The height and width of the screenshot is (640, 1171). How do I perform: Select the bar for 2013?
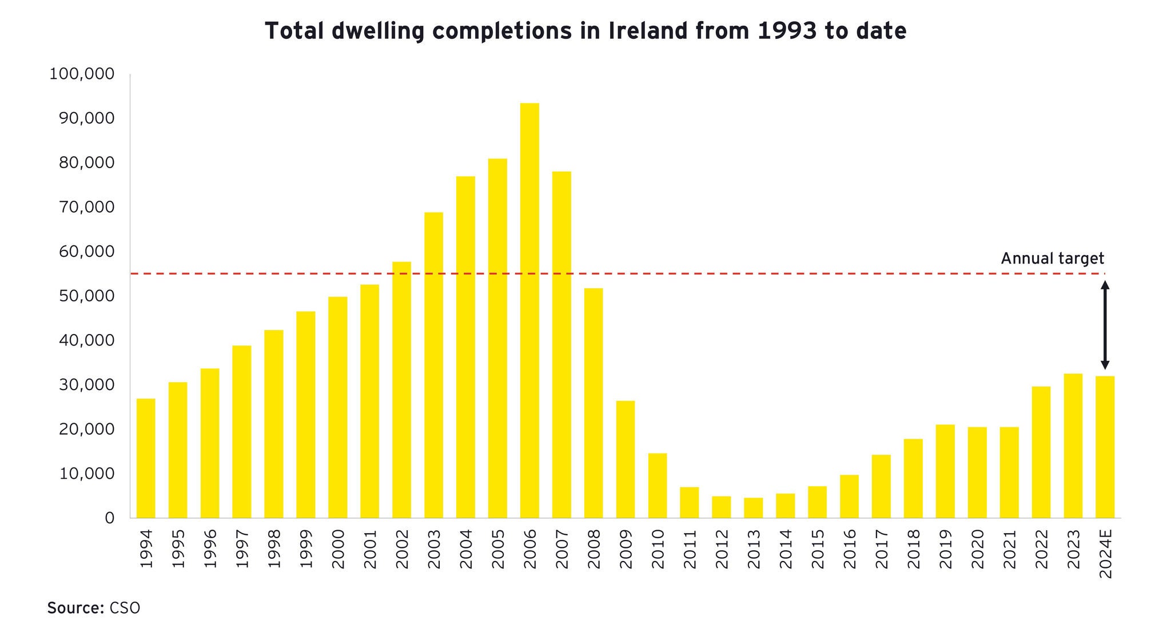coord(754,508)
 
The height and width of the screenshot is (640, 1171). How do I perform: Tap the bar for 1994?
coord(146,458)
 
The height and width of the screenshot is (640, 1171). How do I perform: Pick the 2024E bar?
coord(1105,447)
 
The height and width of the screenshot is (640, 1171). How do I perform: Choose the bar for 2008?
coord(594,403)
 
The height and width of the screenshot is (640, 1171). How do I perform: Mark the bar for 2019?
coord(945,471)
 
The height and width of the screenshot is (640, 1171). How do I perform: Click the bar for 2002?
coord(401,390)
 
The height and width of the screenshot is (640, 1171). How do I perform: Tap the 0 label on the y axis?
coord(109,518)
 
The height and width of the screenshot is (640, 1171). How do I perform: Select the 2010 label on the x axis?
coord(658,549)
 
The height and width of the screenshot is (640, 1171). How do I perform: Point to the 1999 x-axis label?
coord(306,549)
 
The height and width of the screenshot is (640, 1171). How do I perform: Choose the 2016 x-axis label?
coord(850,549)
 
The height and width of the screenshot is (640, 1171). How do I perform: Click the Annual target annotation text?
coord(1052,259)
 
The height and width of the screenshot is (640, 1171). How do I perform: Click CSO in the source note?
coord(125,608)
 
